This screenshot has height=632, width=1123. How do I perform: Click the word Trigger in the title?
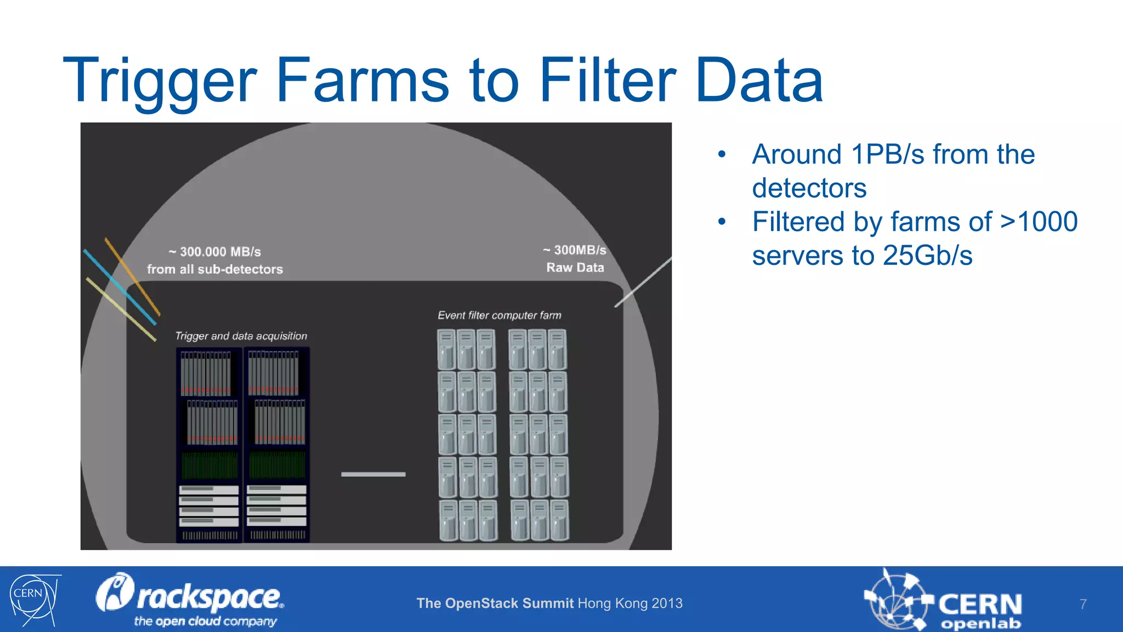tap(160, 81)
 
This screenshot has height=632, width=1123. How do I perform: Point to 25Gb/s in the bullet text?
tap(928, 256)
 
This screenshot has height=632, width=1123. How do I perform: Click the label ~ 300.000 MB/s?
tap(215, 252)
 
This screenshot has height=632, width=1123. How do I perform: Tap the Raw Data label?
tap(575, 268)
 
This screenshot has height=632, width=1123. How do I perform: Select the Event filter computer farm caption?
tap(500, 315)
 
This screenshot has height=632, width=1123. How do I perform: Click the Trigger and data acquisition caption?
tap(241, 336)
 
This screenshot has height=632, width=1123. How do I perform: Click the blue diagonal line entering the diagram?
tap(120, 287)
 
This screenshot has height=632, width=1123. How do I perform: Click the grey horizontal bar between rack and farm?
tap(373, 474)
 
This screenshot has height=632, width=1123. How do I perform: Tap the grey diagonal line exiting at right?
tap(643, 282)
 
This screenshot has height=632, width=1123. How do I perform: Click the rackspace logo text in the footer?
tap(208, 597)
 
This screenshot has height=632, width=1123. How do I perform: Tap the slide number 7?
tap(1083, 604)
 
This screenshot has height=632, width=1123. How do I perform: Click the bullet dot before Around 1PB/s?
tap(722, 155)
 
